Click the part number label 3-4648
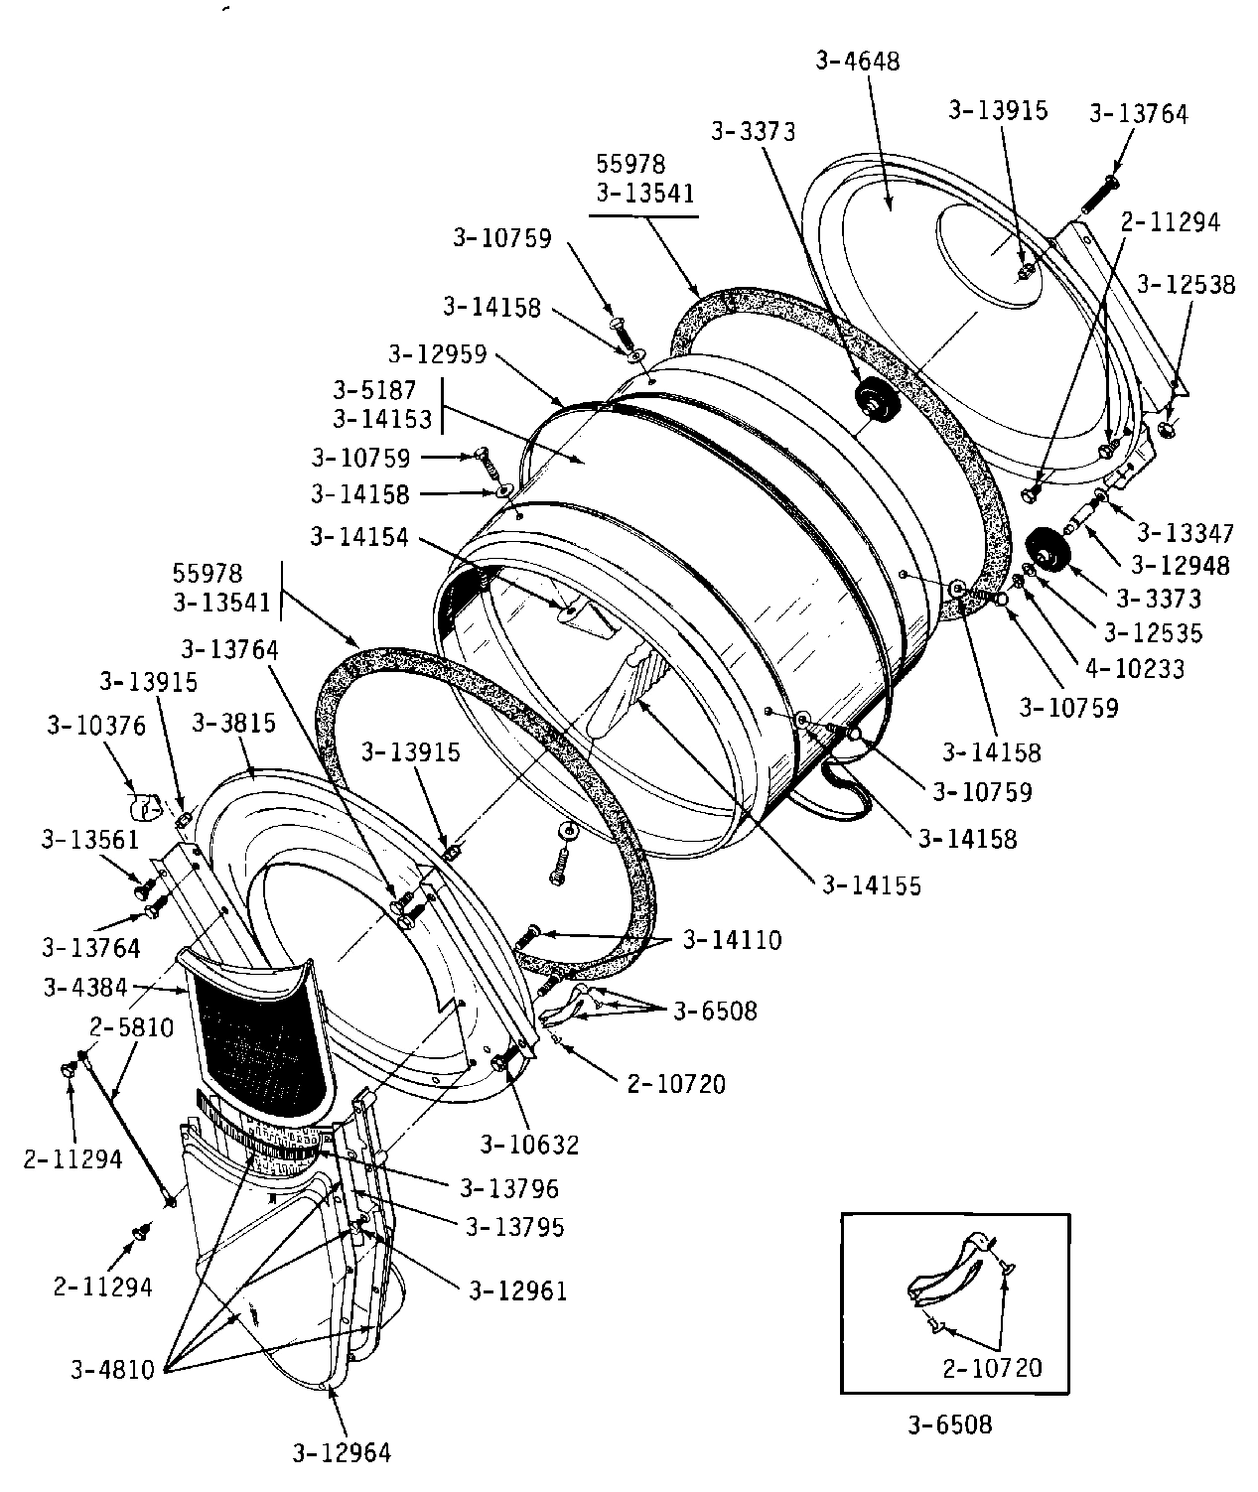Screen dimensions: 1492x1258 [x=858, y=61]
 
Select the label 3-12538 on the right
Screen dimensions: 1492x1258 [x=1186, y=285]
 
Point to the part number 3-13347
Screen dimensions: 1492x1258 [x=1186, y=533]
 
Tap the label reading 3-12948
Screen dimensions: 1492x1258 [x=1181, y=566]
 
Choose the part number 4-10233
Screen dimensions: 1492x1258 [x=1136, y=669]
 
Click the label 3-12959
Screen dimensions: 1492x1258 [x=438, y=354]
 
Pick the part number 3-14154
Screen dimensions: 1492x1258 [x=359, y=537]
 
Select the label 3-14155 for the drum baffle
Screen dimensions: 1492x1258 [x=872, y=884]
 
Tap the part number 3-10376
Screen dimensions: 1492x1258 [x=96, y=726]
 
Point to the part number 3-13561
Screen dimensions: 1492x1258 [x=90, y=840]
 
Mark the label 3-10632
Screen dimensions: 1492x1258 [x=529, y=1146]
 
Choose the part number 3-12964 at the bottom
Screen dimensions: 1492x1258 [x=342, y=1453]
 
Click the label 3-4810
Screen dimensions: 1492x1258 [x=112, y=1371]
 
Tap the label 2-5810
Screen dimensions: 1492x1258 [x=132, y=1027]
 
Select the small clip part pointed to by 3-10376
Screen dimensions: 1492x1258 [x=146, y=807]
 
